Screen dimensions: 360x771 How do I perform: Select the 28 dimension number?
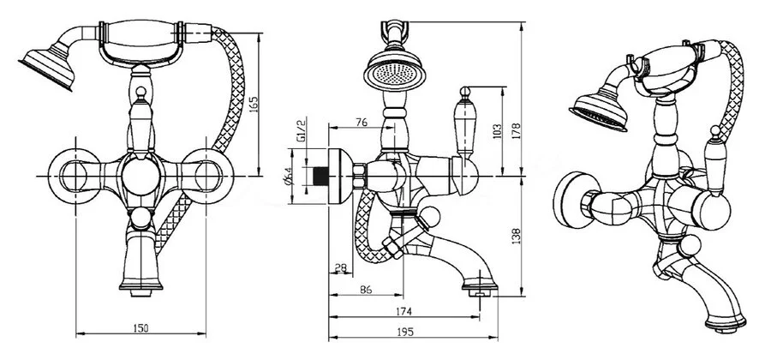pos(340,270)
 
